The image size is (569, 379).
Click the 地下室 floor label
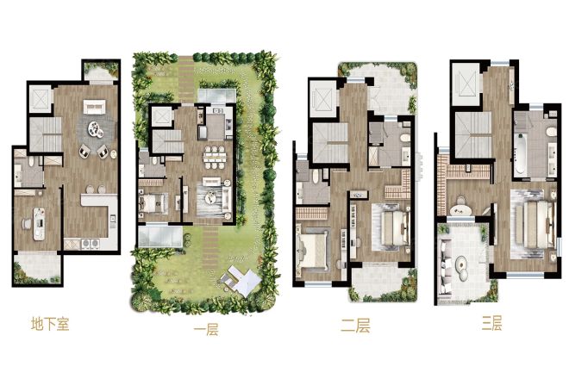(x=50, y=324)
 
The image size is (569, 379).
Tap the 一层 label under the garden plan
(x=206, y=330)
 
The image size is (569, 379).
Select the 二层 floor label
(x=355, y=326)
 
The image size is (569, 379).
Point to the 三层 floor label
(x=492, y=323)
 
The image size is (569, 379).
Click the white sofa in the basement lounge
(x=94, y=107)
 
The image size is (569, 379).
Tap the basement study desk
(x=39, y=224)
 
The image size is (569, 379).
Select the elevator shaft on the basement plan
(x=41, y=99)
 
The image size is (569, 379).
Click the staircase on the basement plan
(x=46, y=134)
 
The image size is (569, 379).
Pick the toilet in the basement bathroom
(x=31, y=161)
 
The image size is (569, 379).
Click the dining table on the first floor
(x=215, y=157)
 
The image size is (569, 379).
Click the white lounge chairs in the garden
(x=241, y=279)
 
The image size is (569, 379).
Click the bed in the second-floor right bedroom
(x=394, y=225)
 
